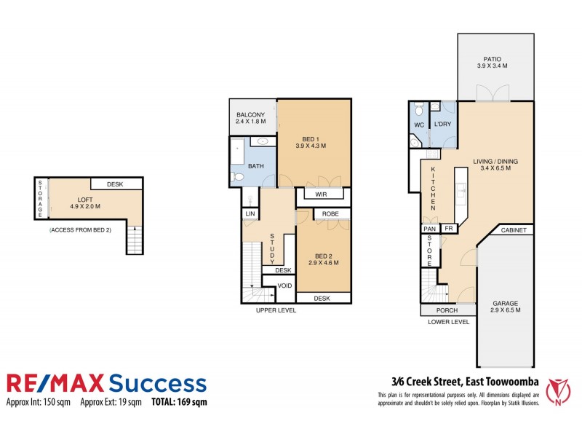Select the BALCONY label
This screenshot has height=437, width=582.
pyautogui.click(x=250, y=115)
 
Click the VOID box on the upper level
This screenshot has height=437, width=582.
pyautogui.click(x=285, y=285)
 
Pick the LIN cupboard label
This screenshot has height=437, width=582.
pyautogui.click(x=250, y=213)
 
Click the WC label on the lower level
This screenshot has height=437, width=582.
pyautogui.click(x=419, y=125)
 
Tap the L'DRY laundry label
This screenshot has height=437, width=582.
pyautogui.click(x=444, y=125)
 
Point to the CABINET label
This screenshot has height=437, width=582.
pyautogui.click(x=514, y=230)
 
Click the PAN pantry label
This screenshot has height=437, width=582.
pyautogui.click(x=429, y=229)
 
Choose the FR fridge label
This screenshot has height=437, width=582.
pyautogui.click(x=449, y=229)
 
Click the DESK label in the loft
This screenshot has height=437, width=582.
pyautogui.click(x=114, y=185)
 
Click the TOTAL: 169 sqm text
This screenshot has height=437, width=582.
pyautogui.click(x=178, y=402)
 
